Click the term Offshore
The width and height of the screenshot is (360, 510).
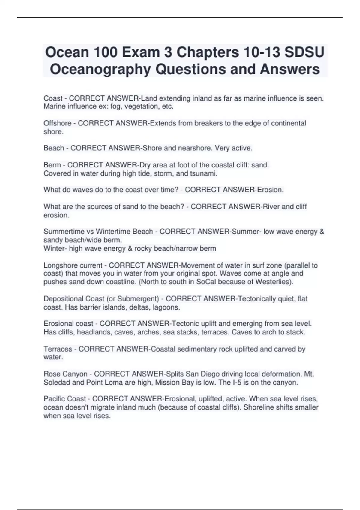[57, 123]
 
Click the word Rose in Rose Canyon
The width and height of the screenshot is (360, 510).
[51, 374]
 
